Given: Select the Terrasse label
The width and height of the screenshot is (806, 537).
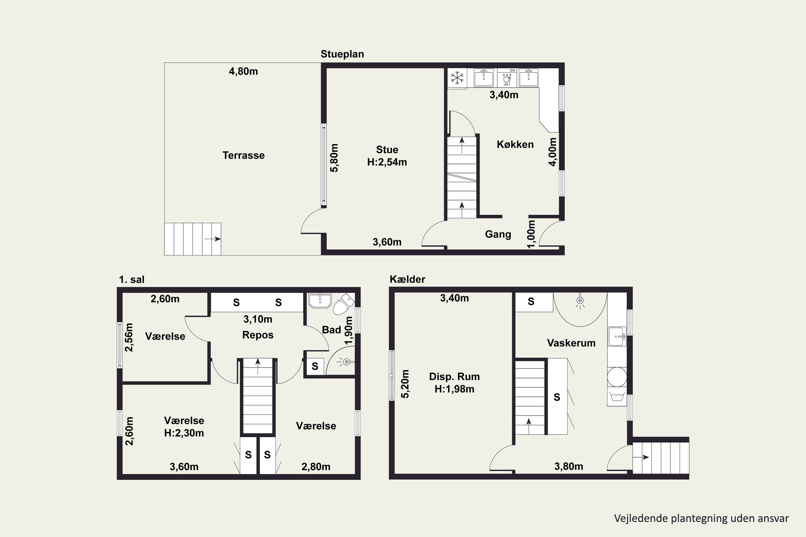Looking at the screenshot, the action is pos(244,155).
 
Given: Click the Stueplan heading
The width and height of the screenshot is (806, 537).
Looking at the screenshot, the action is pos(342,54).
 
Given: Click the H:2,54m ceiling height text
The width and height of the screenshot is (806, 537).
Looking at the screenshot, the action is pos(387,162).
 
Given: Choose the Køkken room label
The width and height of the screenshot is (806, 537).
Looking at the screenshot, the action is pos(515,144).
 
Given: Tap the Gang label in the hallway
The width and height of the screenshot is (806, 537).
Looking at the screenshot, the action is pos(498,234).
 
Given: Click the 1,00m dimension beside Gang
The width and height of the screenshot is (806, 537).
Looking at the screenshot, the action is pos(531,234).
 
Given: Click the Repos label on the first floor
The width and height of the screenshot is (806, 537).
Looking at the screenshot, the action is pos(258,335).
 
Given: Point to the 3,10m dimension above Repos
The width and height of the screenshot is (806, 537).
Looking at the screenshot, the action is pos(258,319).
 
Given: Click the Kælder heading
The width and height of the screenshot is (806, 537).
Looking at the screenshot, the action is pos(408,279).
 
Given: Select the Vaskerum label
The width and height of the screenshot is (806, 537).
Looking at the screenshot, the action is pos(571,343).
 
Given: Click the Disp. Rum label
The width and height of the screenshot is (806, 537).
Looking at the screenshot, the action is pos(454,377).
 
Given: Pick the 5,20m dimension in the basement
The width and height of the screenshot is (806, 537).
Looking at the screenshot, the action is pos(405,384).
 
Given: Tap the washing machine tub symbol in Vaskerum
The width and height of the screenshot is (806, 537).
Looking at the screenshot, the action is pos(617,397).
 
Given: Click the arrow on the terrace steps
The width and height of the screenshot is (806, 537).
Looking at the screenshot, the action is pos(213,239).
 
